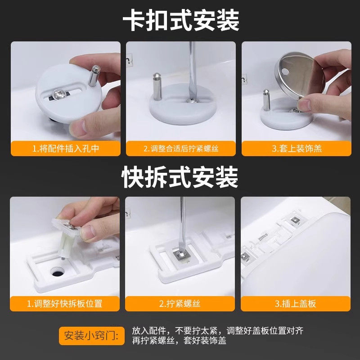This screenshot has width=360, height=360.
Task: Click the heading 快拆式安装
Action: [180, 177]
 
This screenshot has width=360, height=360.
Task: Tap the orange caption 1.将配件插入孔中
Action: [66, 148]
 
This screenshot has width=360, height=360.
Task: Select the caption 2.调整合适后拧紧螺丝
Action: [181, 148]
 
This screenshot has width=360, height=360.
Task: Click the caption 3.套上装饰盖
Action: [296, 148]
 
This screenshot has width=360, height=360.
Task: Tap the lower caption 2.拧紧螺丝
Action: [180, 303]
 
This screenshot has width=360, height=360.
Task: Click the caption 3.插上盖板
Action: [296, 303]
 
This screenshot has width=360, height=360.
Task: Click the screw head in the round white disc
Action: [59, 94]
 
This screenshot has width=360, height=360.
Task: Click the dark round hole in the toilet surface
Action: [57, 272]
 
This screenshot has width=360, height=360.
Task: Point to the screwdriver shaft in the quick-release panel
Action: [183, 220]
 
